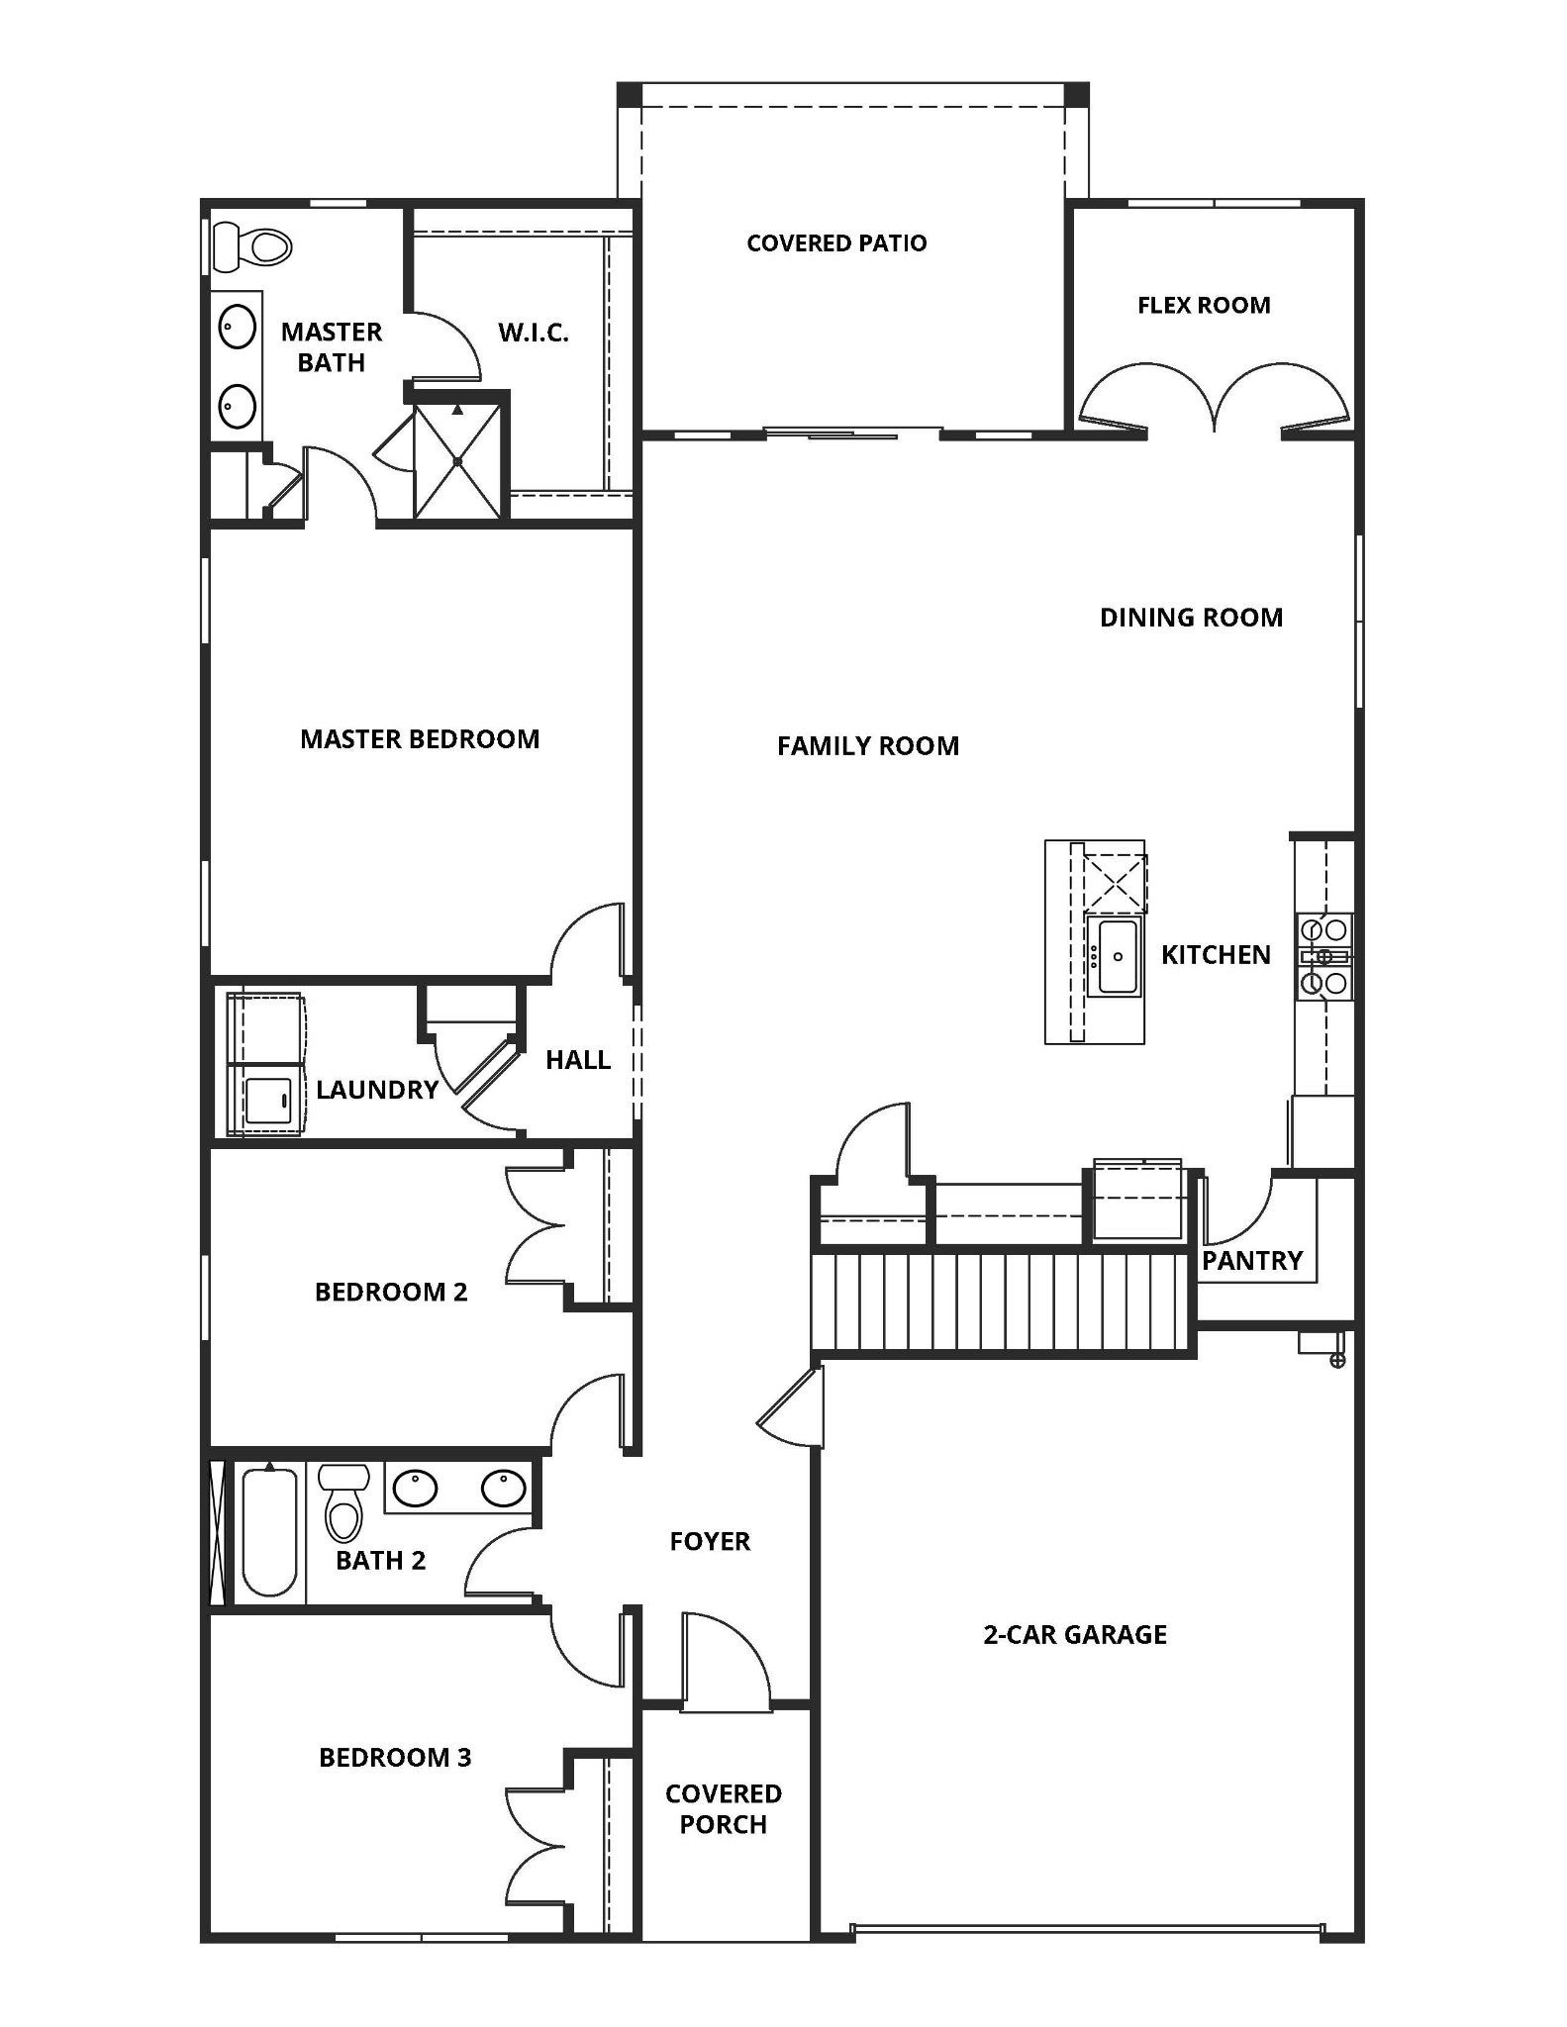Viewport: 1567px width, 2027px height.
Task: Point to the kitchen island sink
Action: click(1116, 956)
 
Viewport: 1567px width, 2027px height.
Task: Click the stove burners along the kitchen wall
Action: click(1324, 956)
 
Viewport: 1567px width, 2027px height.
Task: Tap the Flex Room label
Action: click(1204, 305)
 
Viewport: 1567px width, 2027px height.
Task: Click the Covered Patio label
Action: click(836, 243)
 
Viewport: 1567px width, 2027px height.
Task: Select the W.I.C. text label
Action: click(533, 333)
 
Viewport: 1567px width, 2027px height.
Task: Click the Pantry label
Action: click(1252, 1261)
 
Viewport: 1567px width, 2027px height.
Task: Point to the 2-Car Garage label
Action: click(1075, 1634)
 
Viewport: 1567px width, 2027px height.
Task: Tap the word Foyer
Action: click(710, 1541)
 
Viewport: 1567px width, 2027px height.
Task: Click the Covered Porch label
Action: click(723, 1808)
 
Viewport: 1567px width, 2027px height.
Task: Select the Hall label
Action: click(578, 1060)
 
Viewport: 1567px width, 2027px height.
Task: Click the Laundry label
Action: click(377, 1090)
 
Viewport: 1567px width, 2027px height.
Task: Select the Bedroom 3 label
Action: click(395, 1757)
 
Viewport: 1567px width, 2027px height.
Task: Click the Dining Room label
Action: click(1191, 618)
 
